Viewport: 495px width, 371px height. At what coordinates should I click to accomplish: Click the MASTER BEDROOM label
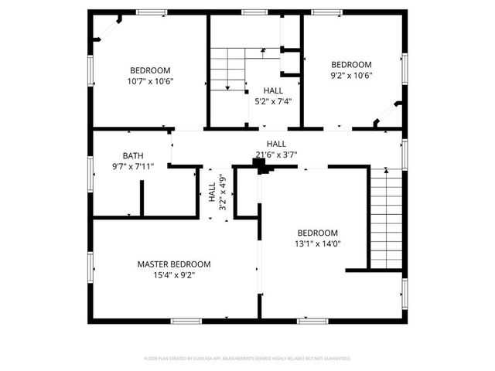pos(174,264)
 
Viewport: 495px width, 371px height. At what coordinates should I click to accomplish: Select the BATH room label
pos(133,155)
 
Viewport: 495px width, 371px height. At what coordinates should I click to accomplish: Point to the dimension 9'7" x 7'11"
pos(133,165)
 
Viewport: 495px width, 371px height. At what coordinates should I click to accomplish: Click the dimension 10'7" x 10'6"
pos(150,80)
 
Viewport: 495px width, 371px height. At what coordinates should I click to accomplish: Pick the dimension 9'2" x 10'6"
pos(352,75)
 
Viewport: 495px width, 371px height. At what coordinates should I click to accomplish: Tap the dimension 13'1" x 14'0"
pos(318,243)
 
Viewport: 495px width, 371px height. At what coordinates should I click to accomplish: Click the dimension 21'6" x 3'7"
pos(276,154)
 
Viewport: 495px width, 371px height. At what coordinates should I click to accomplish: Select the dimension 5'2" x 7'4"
pos(273,100)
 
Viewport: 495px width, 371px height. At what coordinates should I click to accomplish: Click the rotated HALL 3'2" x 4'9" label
pos(217,196)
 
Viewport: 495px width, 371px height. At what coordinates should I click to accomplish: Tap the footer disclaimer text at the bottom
pos(247,359)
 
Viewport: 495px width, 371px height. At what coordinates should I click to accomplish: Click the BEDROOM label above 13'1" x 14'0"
pos(318,233)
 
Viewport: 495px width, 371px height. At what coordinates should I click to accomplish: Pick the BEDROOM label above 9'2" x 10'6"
pos(352,65)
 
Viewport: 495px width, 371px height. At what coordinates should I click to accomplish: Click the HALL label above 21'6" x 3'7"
pos(276,144)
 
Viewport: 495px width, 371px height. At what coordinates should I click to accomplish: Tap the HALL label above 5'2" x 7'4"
pos(273,90)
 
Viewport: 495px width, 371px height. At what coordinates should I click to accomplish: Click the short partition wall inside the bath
pos(142,199)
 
